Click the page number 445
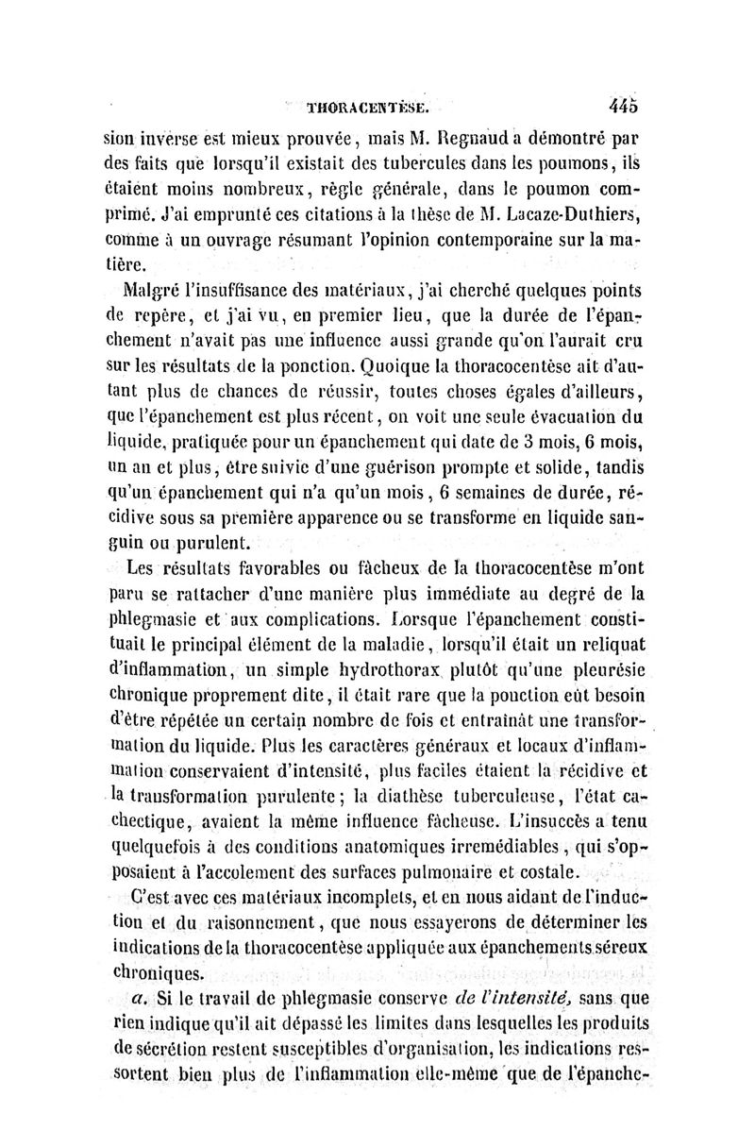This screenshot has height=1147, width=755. coord(624,105)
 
